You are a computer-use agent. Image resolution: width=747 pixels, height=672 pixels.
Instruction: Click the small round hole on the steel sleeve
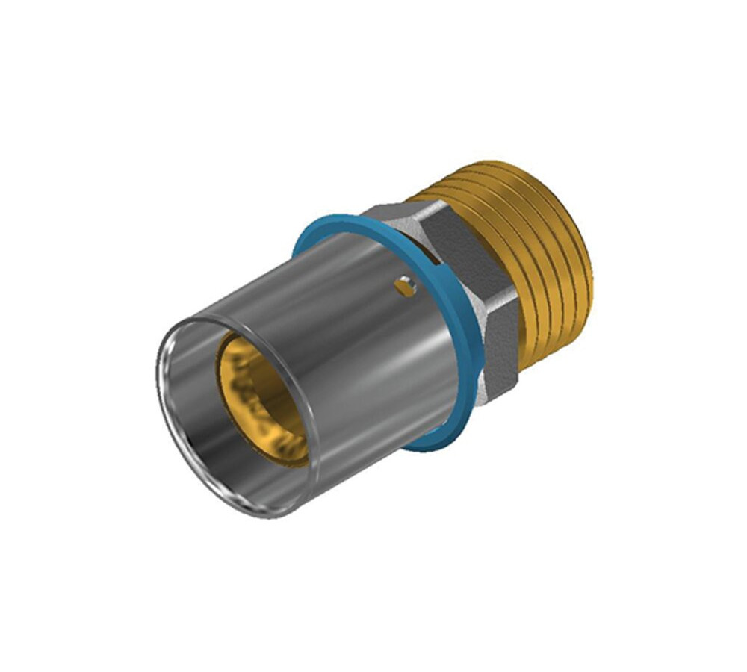404,285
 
